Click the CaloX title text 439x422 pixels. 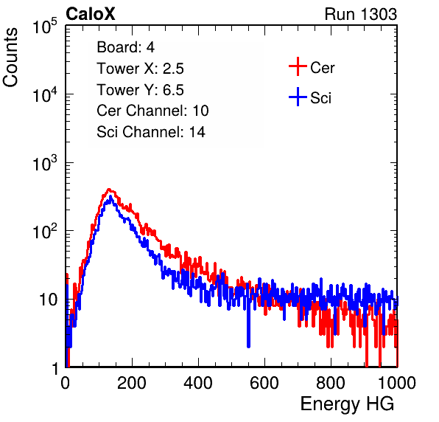90,14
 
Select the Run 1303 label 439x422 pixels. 361,14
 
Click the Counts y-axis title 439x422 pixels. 10,58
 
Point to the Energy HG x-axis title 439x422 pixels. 347,404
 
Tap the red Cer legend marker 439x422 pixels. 298,66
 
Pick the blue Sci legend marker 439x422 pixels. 298,97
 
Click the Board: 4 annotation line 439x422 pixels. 125,47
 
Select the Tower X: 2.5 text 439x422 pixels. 140,69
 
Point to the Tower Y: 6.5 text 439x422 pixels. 140,90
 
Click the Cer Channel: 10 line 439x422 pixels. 152,111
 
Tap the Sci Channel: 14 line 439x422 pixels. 151,132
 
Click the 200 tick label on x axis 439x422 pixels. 132,383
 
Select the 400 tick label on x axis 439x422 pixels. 198,383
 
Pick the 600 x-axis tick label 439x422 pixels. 264,383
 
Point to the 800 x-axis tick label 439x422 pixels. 331,383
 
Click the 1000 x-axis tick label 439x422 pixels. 397,383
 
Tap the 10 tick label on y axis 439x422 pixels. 48,300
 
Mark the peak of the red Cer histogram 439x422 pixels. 109,190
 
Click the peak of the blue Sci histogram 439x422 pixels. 110,197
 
